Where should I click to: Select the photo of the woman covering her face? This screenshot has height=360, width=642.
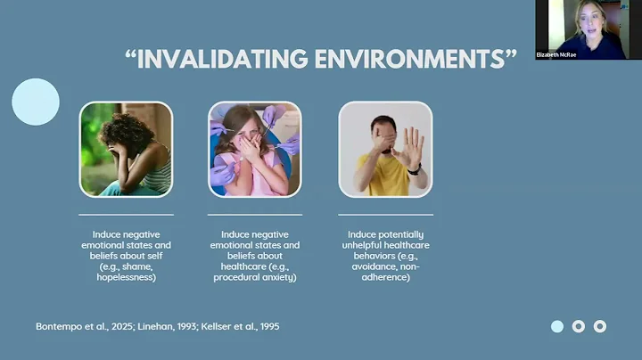126,149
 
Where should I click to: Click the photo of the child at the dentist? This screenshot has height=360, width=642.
255,149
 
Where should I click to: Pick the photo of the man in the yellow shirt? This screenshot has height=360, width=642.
385,149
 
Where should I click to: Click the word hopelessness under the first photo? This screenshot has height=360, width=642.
126,277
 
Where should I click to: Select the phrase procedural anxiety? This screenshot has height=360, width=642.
253,277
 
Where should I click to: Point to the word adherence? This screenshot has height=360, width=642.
385,277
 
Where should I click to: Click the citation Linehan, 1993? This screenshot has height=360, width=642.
168,326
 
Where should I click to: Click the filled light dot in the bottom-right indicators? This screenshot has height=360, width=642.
557,326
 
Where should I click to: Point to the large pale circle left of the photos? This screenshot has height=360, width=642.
36,102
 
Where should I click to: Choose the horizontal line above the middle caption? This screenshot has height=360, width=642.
255,215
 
